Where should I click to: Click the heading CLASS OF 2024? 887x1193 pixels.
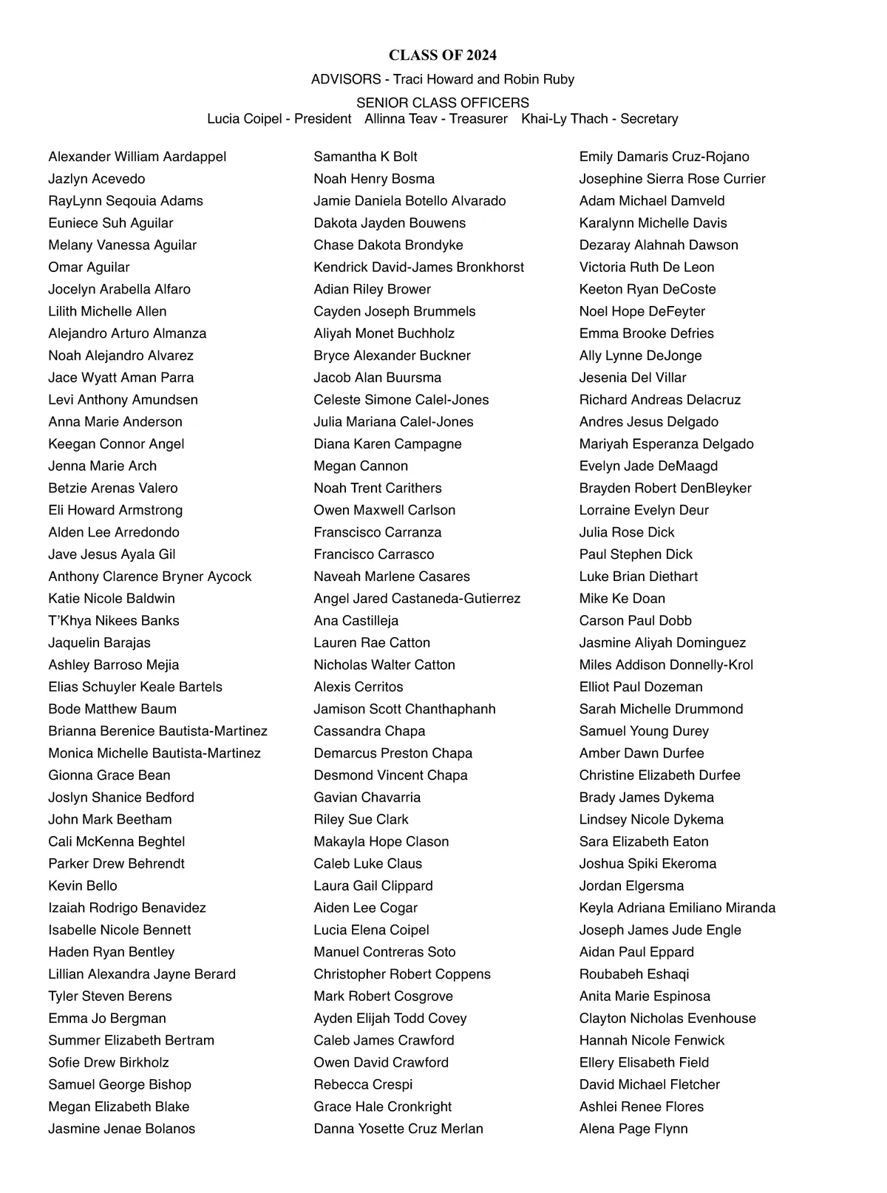tap(442, 55)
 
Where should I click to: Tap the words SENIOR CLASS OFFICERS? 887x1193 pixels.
tap(442, 103)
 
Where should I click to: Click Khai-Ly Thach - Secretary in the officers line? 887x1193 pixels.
tap(599, 119)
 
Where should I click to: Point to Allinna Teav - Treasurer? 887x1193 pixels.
tap(436, 119)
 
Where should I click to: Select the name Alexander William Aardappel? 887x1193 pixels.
tap(137, 157)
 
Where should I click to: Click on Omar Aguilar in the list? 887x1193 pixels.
tap(89, 268)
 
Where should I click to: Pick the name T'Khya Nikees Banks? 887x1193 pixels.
tap(114, 621)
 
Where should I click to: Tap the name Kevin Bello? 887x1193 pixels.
tap(83, 886)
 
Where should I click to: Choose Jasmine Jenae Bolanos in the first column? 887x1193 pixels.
tap(122, 1129)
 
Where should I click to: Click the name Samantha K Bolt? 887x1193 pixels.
tap(365, 157)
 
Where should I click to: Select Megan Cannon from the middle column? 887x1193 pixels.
tap(361, 466)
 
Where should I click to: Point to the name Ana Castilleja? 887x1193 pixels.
tap(356, 621)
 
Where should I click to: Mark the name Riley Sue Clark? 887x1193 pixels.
tap(361, 820)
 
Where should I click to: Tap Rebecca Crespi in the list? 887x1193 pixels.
tap(363, 1084)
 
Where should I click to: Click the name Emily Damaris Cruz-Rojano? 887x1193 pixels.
tap(664, 157)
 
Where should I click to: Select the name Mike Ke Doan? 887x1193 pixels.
tap(622, 599)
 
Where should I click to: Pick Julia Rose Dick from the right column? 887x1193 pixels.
tap(627, 532)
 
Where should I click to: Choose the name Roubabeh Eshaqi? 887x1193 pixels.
tap(634, 974)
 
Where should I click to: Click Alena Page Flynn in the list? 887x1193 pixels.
tap(633, 1129)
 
